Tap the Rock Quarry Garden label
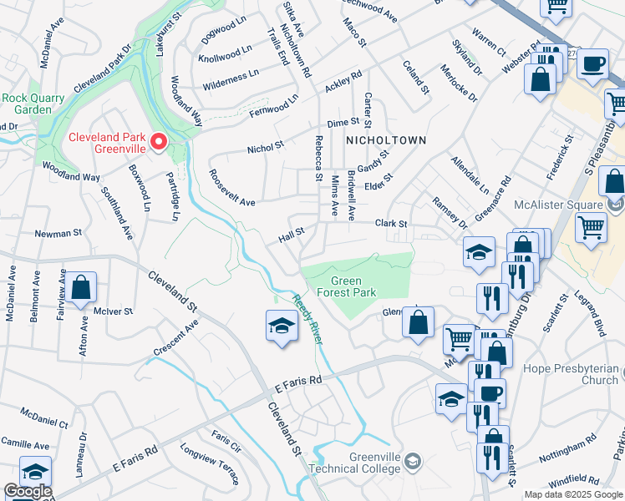coord(33,104)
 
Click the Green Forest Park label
coord(353,286)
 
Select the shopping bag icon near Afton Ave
coord(82,288)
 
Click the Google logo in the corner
coord(27,491)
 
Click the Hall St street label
coord(292,235)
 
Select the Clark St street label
coord(390,224)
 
